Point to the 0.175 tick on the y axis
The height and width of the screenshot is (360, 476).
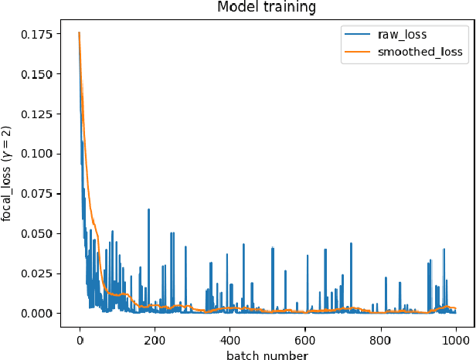click(x=37, y=34)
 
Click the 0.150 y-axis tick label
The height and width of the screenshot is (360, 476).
click(x=37, y=74)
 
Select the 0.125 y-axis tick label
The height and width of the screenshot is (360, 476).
click(x=37, y=114)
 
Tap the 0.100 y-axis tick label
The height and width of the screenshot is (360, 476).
click(x=37, y=154)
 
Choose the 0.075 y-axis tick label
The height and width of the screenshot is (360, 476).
click(x=37, y=194)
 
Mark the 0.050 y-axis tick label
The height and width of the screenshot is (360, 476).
click(x=37, y=233)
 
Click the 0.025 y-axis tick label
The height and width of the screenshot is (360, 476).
click(x=37, y=273)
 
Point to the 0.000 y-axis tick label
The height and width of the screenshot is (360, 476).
click(x=37, y=313)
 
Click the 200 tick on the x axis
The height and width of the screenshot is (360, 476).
click(x=155, y=338)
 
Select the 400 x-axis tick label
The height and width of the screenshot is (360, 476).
click(x=229, y=338)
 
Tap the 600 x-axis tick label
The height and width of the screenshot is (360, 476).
click(x=305, y=338)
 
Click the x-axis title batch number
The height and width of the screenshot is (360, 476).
click(x=267, y=355)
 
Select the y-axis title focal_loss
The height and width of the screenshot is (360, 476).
click(x=8, y=173)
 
